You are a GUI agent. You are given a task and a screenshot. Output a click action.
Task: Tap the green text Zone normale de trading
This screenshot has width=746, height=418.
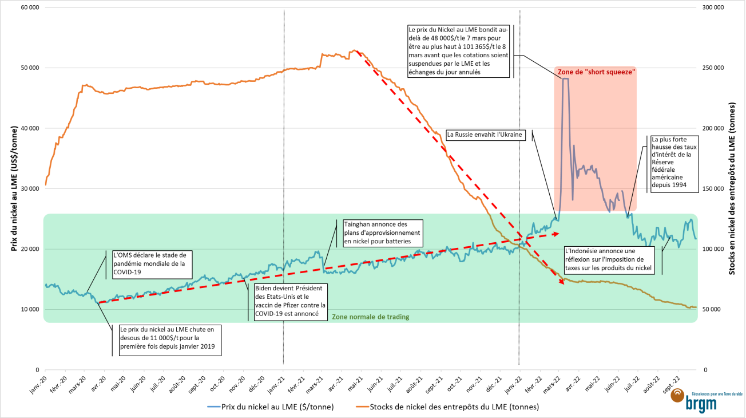371,317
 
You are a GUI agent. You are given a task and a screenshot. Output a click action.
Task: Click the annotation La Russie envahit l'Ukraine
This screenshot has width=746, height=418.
485,135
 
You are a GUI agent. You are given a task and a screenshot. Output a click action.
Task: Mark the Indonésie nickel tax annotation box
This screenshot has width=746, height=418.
608,260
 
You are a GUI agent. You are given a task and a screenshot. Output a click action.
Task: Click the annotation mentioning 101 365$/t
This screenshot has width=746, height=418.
458,50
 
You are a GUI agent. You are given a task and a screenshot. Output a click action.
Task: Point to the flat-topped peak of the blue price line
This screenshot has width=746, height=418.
566,78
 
